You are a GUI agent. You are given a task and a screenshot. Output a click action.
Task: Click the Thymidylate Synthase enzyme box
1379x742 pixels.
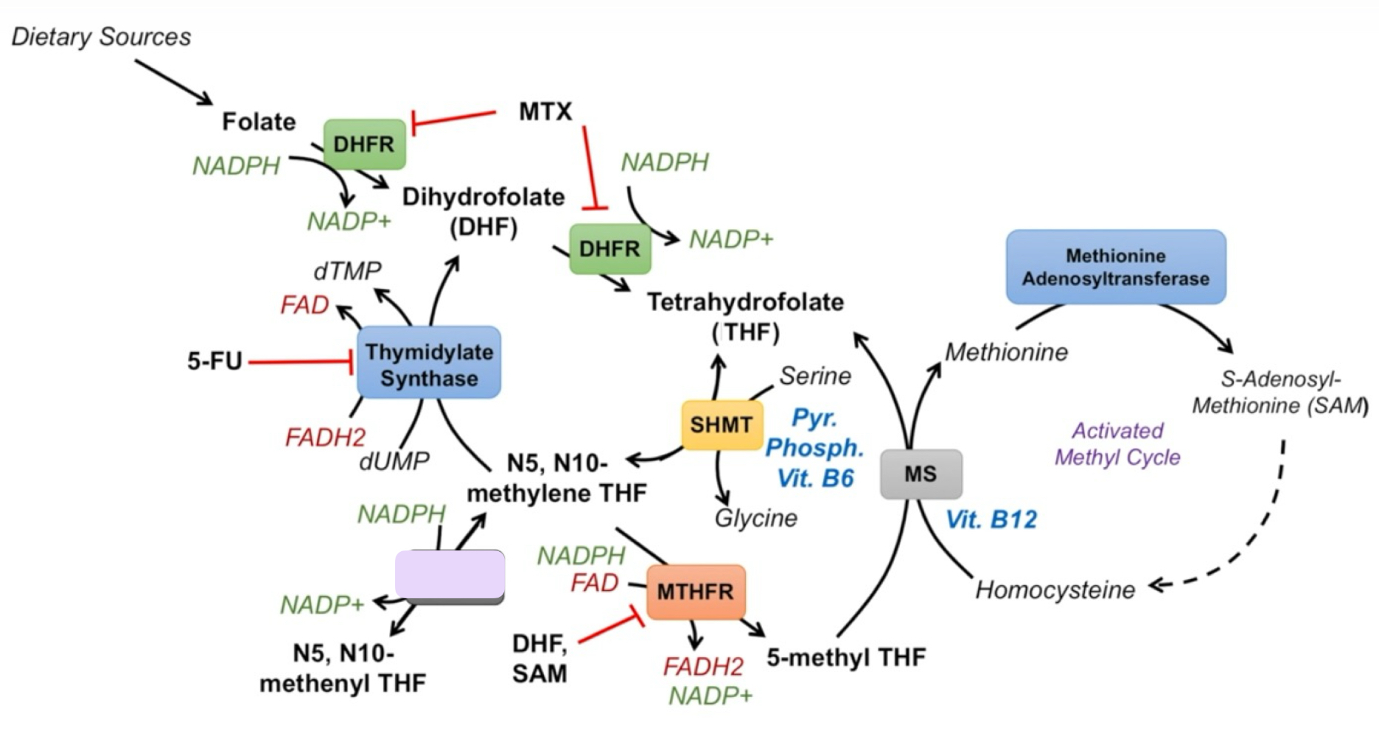(428, 363)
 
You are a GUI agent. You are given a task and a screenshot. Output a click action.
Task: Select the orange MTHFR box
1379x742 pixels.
(695, 592)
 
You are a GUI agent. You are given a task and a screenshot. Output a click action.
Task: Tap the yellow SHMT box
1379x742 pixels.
(721, 425)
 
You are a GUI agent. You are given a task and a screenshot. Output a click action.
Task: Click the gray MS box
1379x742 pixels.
(921, 474)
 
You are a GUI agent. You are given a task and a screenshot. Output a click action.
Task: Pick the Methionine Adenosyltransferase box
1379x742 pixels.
(1115, 267)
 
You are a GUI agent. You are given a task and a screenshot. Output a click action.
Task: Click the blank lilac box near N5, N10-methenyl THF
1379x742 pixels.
(450, 574)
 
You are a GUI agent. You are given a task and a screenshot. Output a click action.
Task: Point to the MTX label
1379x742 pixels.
(545, 112)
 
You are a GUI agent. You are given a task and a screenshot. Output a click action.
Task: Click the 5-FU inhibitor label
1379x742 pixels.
(214, 361)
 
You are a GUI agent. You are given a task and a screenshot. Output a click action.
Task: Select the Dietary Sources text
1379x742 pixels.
(101, 37)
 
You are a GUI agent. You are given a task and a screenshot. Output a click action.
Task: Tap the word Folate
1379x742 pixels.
(259, 122)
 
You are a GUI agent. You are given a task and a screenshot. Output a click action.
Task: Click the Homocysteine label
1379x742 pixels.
(1055, 590)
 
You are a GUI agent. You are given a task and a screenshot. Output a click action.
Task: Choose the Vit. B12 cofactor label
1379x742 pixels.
(991, 520)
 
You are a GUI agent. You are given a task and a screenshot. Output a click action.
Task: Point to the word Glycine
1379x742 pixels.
(756, 518)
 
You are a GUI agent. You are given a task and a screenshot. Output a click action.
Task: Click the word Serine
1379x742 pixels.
(815, 377)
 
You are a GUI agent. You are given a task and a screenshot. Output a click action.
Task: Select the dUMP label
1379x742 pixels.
(394, 461)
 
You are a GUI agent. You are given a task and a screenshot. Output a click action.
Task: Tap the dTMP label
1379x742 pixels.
(347, 271)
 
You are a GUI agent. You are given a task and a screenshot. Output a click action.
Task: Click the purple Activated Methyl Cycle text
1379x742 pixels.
(1117, 444)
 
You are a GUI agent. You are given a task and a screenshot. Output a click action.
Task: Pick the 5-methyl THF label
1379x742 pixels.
(846, 657)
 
